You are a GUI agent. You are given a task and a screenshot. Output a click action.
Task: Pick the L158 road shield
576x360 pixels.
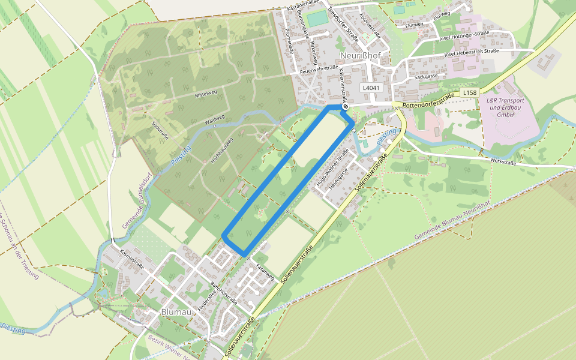click(469, 93)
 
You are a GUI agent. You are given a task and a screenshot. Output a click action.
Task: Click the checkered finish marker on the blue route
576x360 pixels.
click(346, 106)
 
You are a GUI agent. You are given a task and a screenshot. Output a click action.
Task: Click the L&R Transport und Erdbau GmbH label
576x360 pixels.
click(506, 107)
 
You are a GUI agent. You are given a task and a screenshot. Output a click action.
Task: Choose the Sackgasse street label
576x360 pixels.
click(426, 77)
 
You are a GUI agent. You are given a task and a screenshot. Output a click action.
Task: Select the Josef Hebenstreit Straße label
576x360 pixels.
click(472, 53)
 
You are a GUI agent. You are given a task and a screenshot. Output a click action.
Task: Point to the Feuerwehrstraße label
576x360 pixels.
click(319, 70)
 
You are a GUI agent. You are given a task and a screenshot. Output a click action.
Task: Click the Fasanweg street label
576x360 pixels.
click(265, 272)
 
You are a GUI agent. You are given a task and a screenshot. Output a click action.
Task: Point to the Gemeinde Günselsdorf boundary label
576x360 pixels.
click(136, 202)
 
